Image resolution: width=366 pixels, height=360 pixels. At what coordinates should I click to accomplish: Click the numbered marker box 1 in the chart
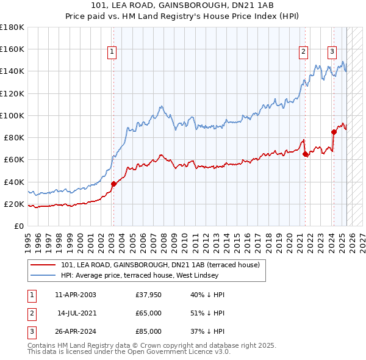tap(113, 52)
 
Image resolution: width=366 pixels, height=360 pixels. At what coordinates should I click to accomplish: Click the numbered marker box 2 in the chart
tap(303, 52)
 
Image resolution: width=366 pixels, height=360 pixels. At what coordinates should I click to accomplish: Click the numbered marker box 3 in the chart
tap(332, 52)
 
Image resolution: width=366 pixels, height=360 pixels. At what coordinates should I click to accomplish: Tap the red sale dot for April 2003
tap(113, 184)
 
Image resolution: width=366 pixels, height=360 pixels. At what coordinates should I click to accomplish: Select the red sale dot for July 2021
tap(304, 154)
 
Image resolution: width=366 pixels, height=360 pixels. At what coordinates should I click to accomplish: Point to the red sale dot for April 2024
tap(334, 132)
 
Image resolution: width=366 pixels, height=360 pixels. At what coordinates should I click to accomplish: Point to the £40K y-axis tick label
tap(14, 182)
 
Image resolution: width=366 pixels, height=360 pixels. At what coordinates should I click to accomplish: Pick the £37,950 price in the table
tap(149, 295)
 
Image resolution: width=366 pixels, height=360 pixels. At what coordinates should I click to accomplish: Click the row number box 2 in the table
tap(30, 313)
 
